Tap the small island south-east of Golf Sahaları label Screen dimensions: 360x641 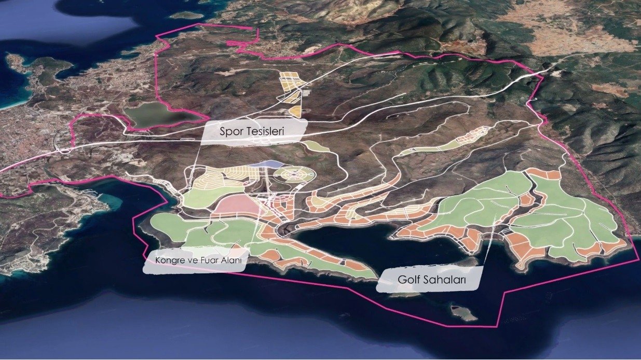click(463, 313)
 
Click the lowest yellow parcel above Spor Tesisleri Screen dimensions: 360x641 click(295, 111)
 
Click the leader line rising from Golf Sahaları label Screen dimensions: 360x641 click(488, 244)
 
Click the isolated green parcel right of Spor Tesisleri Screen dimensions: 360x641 click(316, 146)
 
